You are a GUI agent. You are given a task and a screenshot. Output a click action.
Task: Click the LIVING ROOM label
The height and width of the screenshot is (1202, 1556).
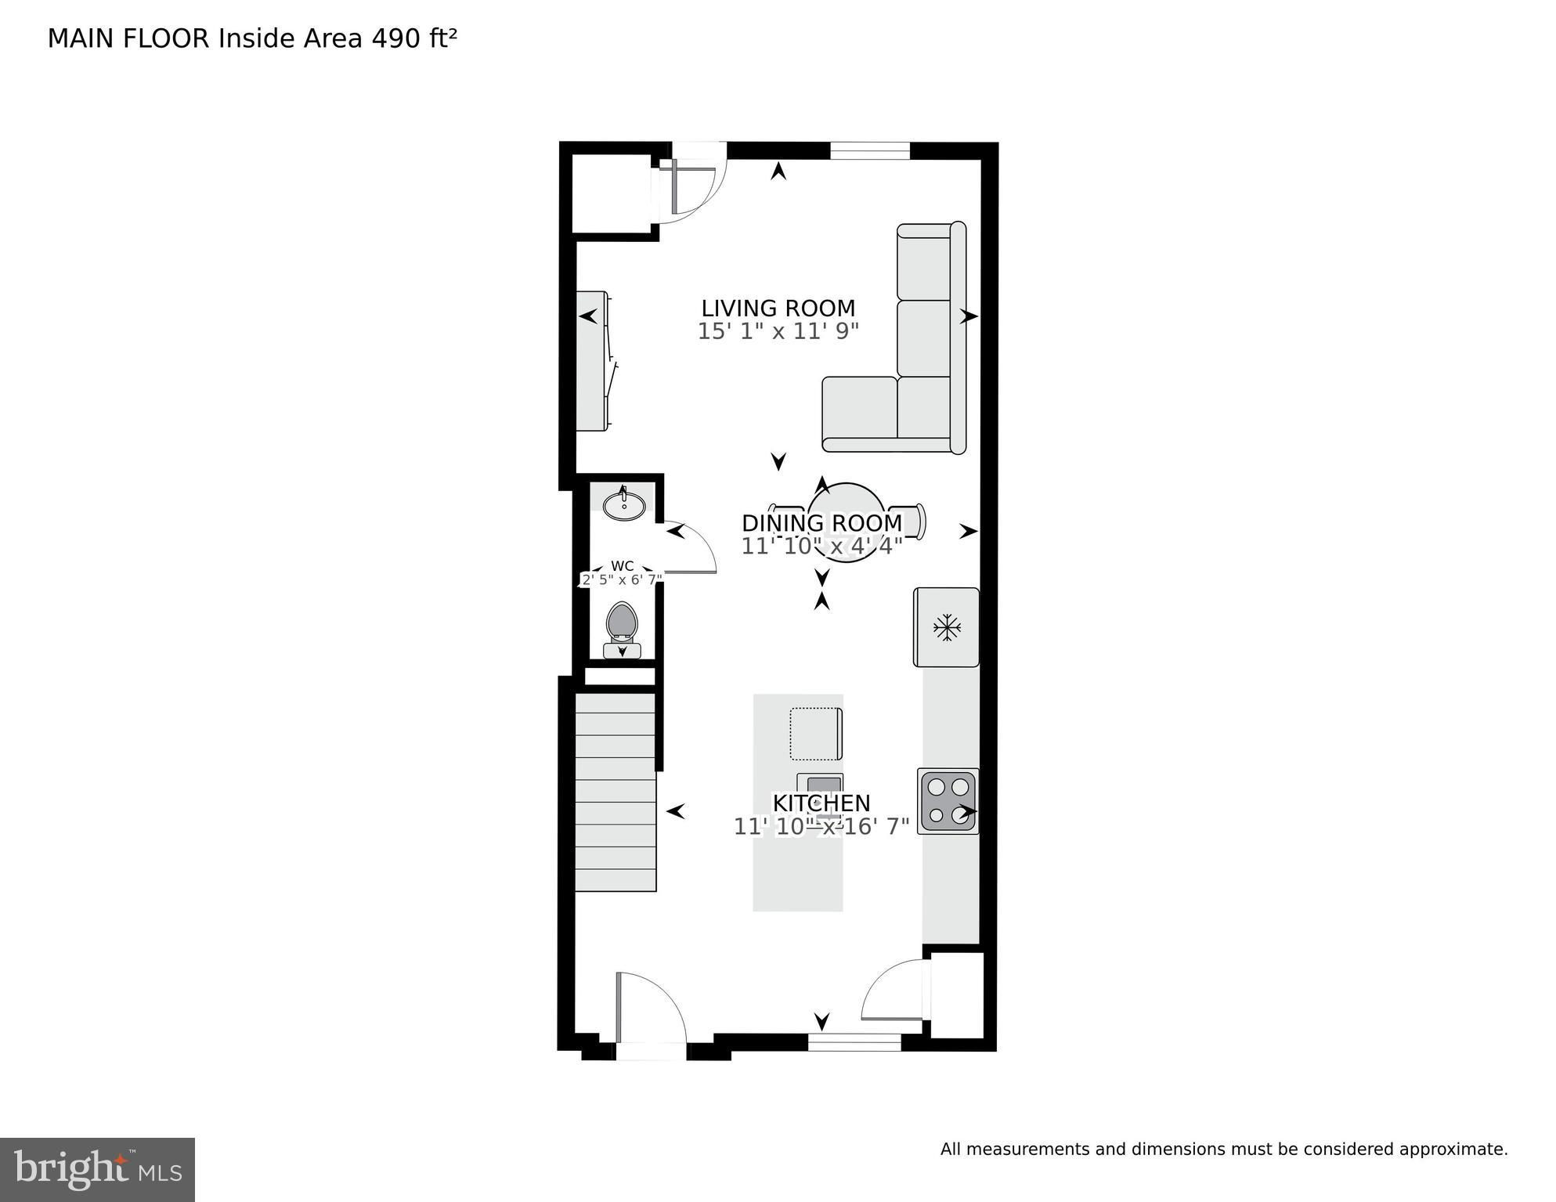pos(778,308)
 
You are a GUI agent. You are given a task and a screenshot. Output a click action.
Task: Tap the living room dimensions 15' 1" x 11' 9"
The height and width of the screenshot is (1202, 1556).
pos(778,331)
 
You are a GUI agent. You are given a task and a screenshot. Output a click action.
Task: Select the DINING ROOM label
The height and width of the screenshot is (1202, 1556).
pos(821,523)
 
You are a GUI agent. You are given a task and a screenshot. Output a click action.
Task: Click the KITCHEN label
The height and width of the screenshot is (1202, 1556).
pos(821,803)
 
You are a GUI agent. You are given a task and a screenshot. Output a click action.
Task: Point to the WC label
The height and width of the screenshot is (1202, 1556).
pos(623,566)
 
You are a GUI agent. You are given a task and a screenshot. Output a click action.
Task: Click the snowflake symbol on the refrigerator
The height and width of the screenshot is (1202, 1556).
pos(947,627)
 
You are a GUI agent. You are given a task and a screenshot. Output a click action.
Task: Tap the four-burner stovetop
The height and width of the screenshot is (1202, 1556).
pos(948,801)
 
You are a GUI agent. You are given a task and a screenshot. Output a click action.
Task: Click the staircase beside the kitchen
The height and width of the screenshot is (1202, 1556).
pos(616,792)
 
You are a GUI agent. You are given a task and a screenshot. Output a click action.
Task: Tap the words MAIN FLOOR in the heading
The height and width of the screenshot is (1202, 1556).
pos(128,38)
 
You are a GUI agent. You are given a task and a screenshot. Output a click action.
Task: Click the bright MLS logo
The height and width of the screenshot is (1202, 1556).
pos(97,1170)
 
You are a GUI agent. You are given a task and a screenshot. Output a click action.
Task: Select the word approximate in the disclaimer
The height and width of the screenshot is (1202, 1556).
pos(1453,1150)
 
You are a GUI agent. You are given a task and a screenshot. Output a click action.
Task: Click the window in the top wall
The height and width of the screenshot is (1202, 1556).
pos(869,150)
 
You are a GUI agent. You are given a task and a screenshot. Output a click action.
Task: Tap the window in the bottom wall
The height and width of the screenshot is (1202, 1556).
pos(854,1042)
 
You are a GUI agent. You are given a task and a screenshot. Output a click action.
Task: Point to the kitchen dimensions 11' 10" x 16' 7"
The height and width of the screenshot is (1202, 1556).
pos(821,826)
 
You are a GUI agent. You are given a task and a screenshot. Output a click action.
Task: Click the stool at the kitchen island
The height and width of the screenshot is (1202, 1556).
pos(816,734)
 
